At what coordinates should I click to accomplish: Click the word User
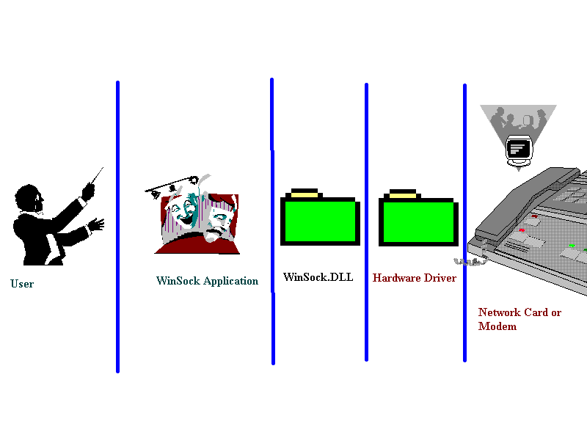tap(22, 284)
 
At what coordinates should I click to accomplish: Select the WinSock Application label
tap(207, 281)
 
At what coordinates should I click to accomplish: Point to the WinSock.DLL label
tap(318, 276)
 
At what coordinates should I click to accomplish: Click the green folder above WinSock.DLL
tap(320, 221)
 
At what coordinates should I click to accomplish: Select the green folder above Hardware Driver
tap(418, 222)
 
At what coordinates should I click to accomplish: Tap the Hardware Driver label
tap(415, 278)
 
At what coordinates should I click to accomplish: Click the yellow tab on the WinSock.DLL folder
tap(305, 193)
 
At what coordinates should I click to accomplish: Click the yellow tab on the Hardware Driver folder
tap(403, 194)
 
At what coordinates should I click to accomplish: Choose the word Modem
tap(497, 326)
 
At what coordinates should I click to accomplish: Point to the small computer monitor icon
tap(519, 148)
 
